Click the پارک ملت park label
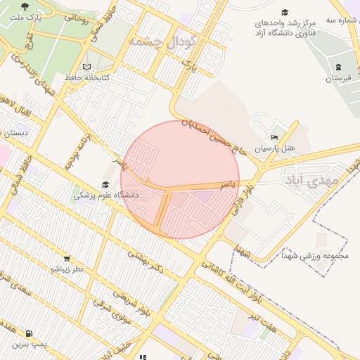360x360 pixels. coord(27,15)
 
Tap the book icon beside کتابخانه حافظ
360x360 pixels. coord(86,67)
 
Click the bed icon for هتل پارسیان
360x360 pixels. coord(274,137)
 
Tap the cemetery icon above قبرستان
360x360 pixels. coord(339,67)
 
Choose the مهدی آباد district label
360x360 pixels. coord(313,180)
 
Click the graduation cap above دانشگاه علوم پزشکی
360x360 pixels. coord(105,184)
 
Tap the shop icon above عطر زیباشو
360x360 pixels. coord(67,258)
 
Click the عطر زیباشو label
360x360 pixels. coord(67,269)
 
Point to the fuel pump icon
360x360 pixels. coord(27,333)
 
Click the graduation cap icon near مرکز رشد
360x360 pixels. coord(285,12)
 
